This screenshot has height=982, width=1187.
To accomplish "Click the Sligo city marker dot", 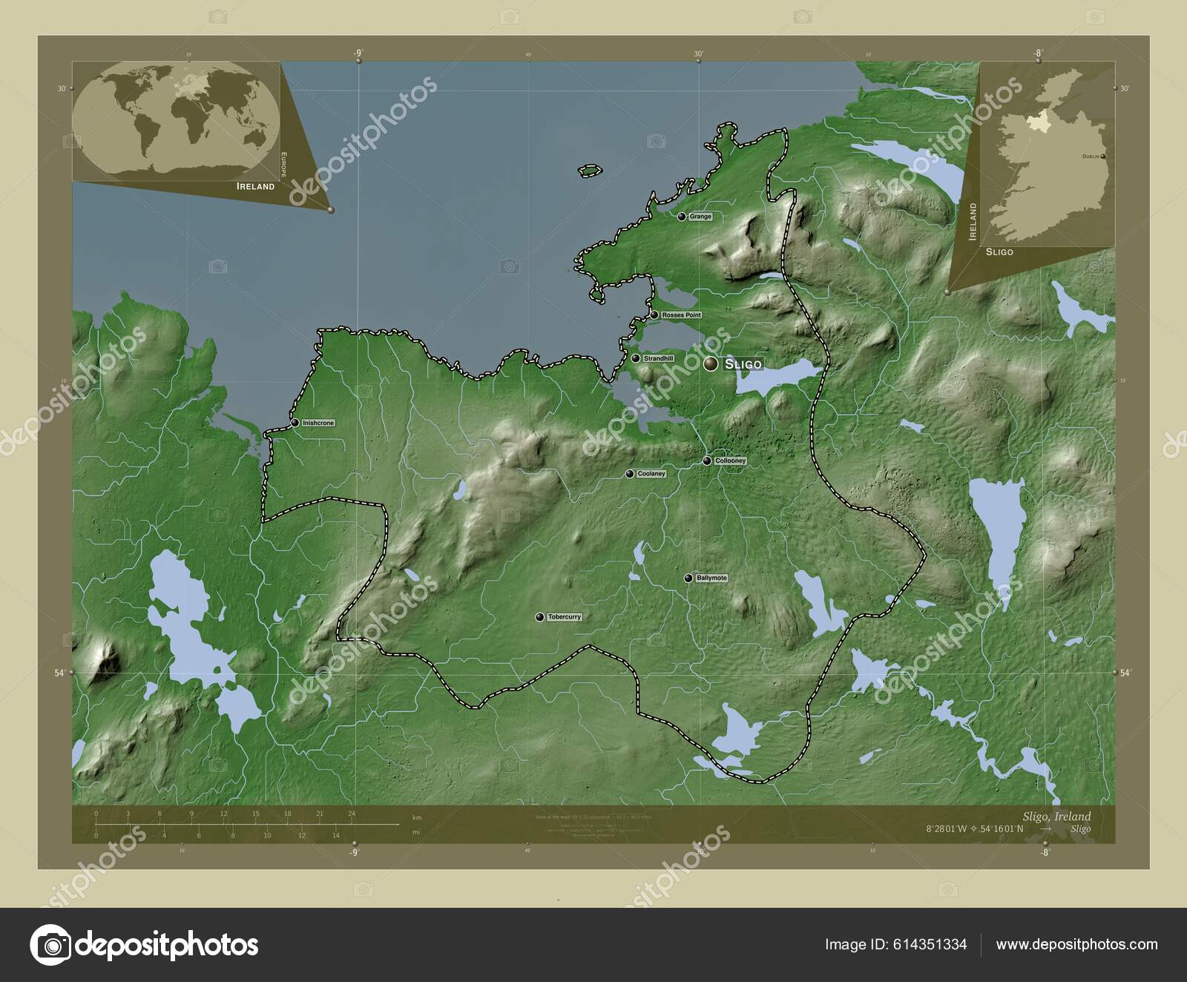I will click(711, 363).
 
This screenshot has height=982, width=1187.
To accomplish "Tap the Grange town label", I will click(700, 217).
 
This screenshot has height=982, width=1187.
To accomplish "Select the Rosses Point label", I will click(681, 315).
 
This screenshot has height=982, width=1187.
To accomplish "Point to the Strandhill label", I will click(658, 359).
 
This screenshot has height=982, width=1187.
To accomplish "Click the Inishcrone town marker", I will click(295, 423).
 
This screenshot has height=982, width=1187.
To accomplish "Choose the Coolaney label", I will click(651, 474).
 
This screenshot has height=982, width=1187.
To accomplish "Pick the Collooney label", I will click(730, 461).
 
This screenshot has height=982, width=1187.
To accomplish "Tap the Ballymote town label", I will click(711, 578).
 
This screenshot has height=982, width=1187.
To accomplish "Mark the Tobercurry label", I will click(564, 617).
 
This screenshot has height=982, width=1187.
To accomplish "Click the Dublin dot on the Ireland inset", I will click(1103, 156).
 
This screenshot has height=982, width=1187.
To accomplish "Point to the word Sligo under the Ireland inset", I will click(999, 252).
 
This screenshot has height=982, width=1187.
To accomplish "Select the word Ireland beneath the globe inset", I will click(255, 186).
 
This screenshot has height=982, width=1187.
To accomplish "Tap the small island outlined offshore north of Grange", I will click(589, 171).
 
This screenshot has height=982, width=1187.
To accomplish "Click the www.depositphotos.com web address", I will click(1076, 944).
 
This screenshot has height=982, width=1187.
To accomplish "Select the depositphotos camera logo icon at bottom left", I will click(50, 945).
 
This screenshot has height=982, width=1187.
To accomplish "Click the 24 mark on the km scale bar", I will click(352, 814).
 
